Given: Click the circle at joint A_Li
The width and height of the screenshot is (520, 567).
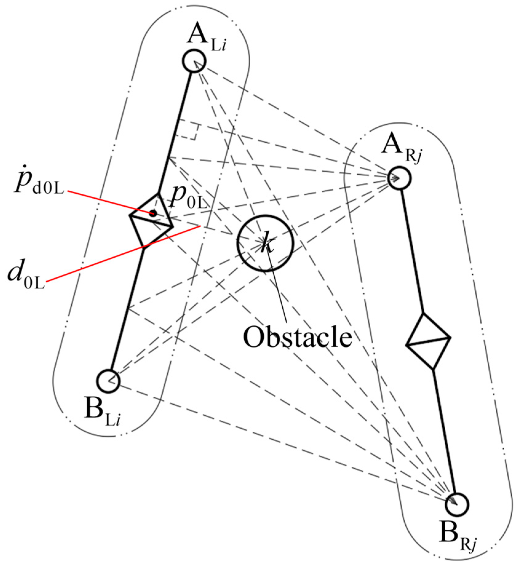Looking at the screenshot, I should (194, 61).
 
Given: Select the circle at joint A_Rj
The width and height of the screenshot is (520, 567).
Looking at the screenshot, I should (399, 178).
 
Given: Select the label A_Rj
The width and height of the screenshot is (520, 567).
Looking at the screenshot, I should (401, 147).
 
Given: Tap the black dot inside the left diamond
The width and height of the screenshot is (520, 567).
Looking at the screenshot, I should (153, 213).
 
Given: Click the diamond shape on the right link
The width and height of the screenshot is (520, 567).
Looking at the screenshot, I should (428, 341).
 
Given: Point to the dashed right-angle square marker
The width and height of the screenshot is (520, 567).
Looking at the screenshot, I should (188, 131).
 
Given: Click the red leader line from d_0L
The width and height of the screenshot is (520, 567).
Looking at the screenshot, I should (123, 254).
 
